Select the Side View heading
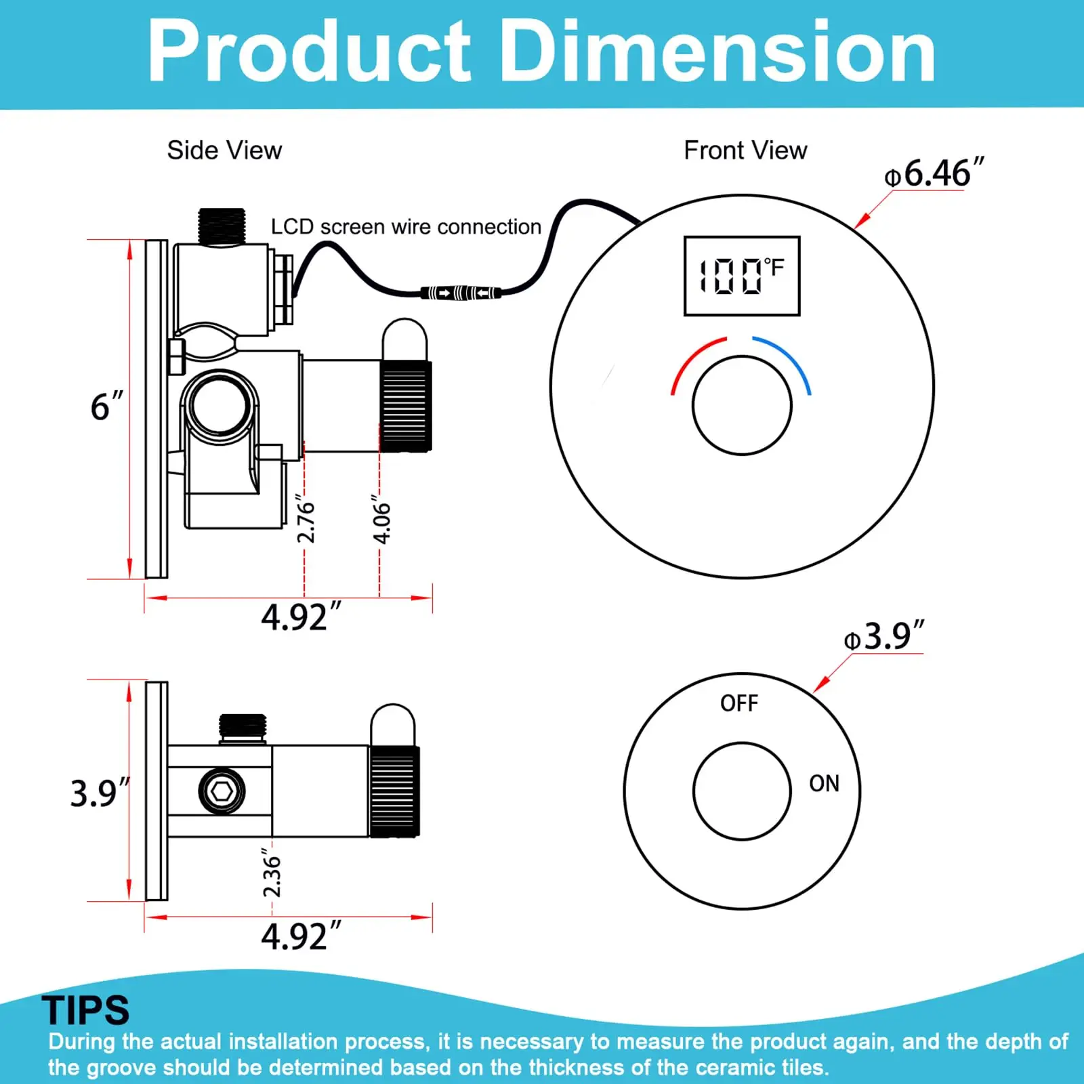tap(224, 150)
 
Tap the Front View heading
tap(745, 150)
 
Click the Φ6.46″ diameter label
tap(934, 173)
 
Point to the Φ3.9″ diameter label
tap(883, 636)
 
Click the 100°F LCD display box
tap(742, 276)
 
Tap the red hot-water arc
tap(694, 359)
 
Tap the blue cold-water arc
tap(786, 359)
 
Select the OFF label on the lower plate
tap(739, 703)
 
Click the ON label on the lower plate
tap(824, 784)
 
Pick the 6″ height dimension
tap(106, 406)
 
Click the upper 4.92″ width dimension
tap(301, 617)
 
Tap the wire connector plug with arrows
tap(461, 293)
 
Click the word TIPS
tap(85, 1010)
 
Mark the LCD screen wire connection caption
tap(406, 227)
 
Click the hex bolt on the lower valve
tap(222, 791)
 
